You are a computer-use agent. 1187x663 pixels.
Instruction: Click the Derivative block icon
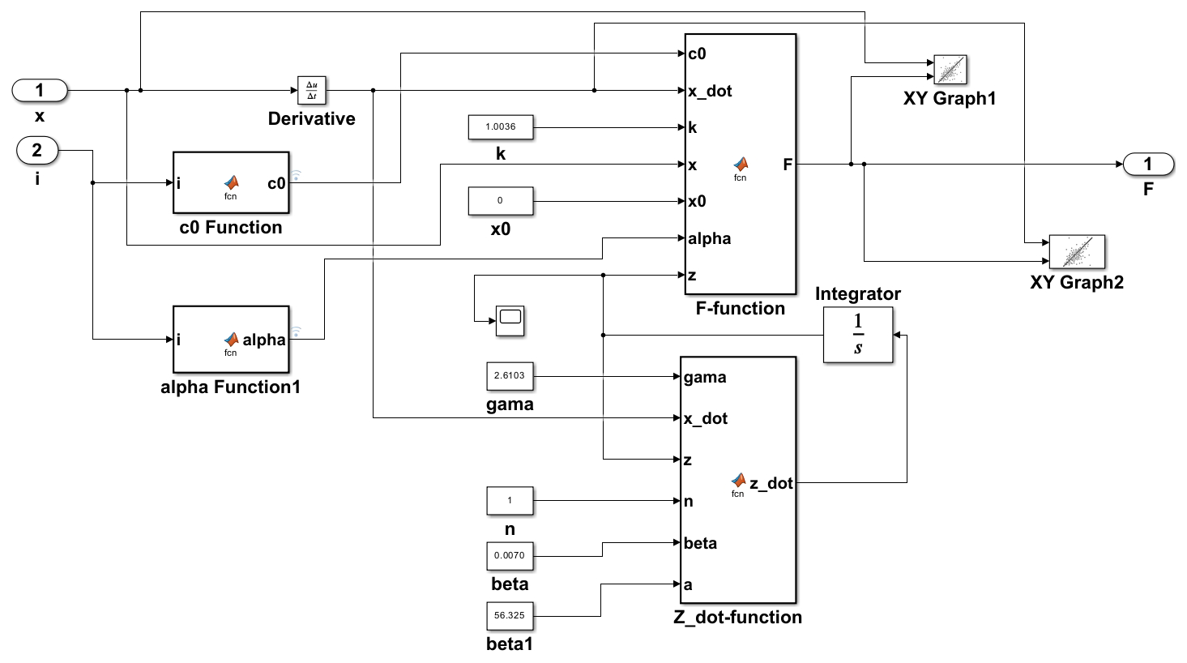point(312,91)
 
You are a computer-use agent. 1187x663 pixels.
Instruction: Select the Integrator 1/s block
point(858,335)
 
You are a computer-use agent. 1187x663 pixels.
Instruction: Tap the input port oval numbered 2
point(37,151)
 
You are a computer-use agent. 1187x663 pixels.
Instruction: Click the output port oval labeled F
point(1148,165)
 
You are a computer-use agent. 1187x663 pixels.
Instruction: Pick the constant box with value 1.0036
point(501,127)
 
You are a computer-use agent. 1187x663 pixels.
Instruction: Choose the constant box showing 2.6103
point(510,376)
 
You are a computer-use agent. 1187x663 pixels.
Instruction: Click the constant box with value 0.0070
point(510,556)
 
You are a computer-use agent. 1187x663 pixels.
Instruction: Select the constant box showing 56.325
point(510,616)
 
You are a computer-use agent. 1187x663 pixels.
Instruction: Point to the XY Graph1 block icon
point(950,70)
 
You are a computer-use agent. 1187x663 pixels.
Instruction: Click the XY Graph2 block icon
point(1077,252)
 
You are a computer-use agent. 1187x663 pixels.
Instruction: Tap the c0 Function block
point(231,183)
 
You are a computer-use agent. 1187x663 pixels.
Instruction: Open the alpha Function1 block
point(231,340)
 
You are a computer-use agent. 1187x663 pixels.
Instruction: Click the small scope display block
point(510,321)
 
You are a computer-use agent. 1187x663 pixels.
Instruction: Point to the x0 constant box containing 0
point(501,201)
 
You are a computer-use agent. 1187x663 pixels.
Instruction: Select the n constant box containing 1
point(510,501)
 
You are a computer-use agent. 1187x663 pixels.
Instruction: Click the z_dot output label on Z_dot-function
point(771,484)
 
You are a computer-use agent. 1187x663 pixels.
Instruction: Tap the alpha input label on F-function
point(710,239)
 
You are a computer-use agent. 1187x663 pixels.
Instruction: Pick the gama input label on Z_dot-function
point(705,378)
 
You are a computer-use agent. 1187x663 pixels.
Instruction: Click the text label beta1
point(510,644)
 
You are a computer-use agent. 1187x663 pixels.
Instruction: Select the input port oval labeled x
point(40,91)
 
